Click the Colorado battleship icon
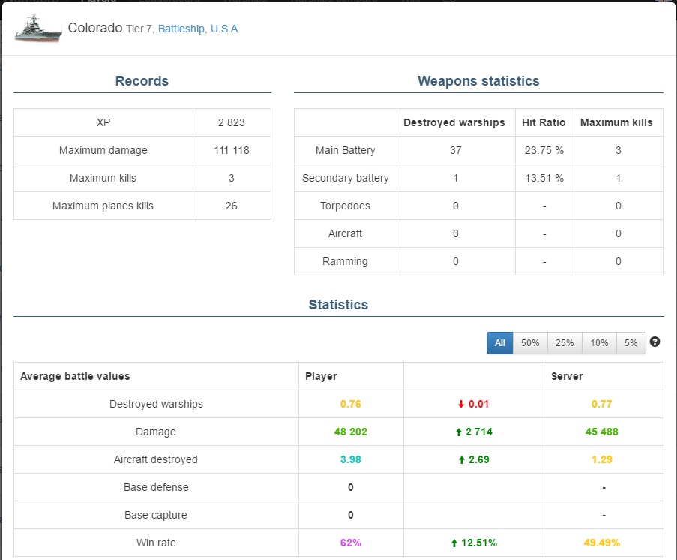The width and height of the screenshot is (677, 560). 38,29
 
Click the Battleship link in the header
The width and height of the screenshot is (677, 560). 181,29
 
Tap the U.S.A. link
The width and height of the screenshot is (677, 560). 225,29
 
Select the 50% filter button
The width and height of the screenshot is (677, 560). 530,343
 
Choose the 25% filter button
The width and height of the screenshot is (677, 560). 565,343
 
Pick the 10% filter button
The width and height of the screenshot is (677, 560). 599,343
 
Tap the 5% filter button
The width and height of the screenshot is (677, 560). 631,343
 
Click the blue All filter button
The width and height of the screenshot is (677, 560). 499,343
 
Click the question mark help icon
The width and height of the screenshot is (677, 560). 655,342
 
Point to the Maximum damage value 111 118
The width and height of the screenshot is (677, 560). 232,150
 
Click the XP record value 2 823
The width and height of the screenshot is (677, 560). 232,122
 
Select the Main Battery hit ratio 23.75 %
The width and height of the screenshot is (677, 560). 544,150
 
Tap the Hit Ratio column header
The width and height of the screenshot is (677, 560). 544,122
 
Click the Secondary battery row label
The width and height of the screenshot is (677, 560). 346,178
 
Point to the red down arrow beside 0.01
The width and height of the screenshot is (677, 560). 460,404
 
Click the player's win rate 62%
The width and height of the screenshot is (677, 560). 351,543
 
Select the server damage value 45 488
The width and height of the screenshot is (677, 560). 601,432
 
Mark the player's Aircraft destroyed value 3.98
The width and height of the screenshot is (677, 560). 351,459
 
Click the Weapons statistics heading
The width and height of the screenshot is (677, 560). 478,81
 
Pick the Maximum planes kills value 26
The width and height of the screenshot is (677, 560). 232,206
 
